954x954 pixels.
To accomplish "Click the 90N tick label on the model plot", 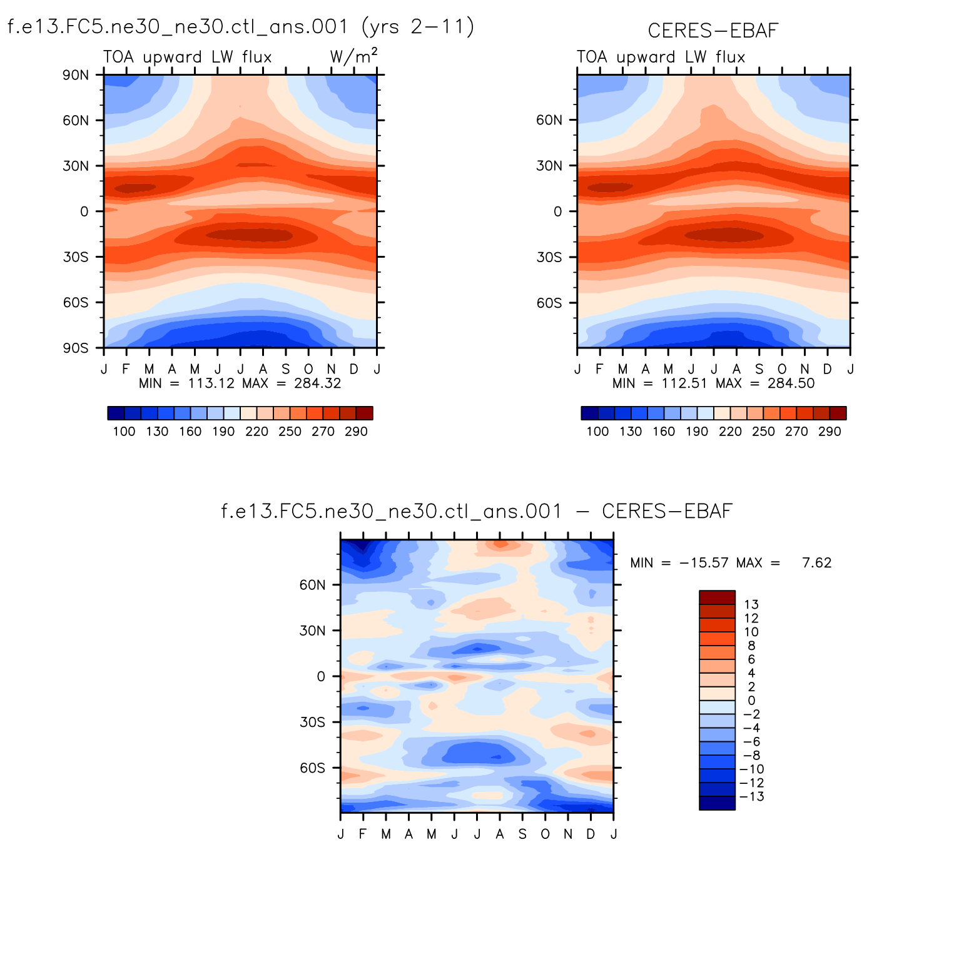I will click(x=76, y=75).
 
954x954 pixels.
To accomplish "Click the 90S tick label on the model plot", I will click(x=76, y=348).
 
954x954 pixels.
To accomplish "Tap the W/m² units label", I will click(x=353, y=57).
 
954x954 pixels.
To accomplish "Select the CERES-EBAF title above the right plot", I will click(x=713, y=31).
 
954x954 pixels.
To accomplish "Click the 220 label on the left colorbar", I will click(x=256, y=432).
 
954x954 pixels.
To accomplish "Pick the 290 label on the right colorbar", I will click(x=830, y=432).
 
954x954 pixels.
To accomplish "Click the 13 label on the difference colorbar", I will click(x=751, y=604).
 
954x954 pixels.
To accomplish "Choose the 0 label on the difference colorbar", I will click(x=751, y=701).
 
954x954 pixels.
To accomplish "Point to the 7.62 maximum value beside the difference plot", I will click(x=817, y=563).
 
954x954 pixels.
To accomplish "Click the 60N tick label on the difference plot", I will click(x=313, y=585).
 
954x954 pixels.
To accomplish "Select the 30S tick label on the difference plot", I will click(x=313, y=722).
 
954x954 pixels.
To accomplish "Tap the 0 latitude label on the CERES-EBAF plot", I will click(x=558, y=211).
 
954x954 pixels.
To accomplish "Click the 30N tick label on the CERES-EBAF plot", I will click(x=549, y=166).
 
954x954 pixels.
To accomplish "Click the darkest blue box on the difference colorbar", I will click(x=717, y=803).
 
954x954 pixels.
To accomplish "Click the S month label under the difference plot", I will click(x=522, y=834).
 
